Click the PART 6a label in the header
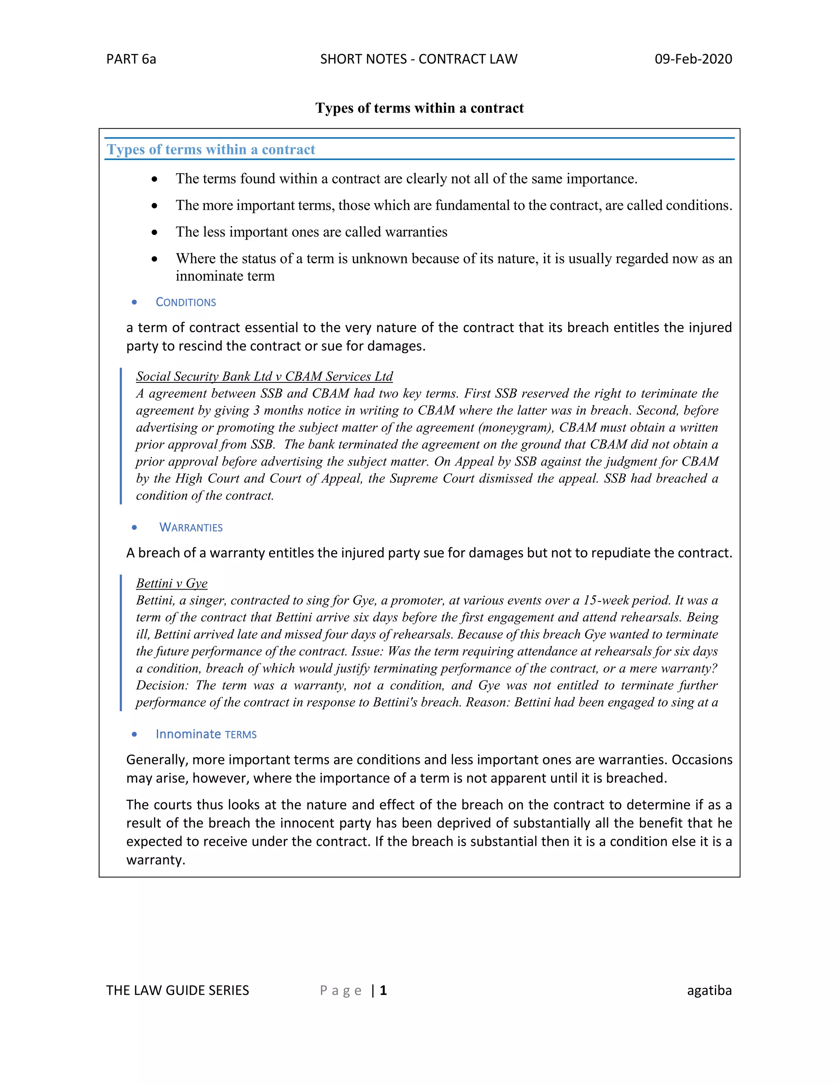click(x=131, y=59)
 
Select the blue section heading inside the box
click(x=211, y=149)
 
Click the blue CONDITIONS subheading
click(x=186, y=302)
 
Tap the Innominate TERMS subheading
click(x=206, y=734)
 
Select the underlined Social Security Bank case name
click(x=264, y=377)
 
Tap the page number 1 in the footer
click(x=383, y=990)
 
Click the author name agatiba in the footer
click(x=709, y=990)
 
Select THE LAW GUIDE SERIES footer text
click(x=177, y=990)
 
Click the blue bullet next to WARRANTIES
click(x=134, y=528)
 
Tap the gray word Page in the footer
click(x=341, y=990)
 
